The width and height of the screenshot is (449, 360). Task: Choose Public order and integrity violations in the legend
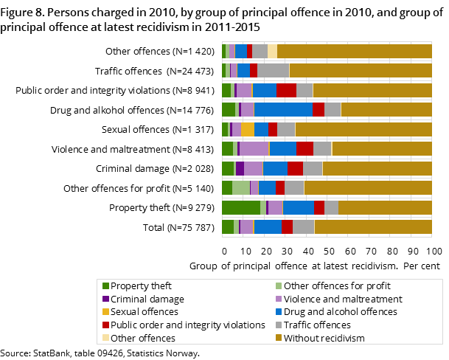point(187,325)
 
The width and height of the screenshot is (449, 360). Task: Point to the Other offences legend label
point(143,338)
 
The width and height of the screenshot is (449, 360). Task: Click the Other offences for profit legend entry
point(336,286)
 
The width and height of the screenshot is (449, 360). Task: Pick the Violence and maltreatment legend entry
point(342,300)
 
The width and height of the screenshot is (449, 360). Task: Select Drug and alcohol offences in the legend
point(340,312)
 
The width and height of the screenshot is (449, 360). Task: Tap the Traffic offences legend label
point(317,325)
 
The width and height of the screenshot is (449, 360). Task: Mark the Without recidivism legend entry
point(324,338)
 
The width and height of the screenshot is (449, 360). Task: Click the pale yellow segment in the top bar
point(272,51)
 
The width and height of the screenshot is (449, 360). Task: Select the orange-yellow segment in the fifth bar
point(248,129)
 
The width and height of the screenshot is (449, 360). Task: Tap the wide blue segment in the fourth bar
point(283,109)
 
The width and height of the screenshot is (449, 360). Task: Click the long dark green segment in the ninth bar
point(240,207)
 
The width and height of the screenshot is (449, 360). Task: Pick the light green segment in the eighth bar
point(241,187)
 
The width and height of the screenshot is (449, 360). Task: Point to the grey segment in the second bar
point(273,70)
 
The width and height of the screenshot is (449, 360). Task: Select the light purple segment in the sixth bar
point(254,148)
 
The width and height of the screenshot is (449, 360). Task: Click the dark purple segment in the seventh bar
point(240,168)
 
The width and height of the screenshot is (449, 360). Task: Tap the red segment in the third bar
point(286,90)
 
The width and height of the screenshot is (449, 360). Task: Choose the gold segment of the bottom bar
point(372,226)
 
